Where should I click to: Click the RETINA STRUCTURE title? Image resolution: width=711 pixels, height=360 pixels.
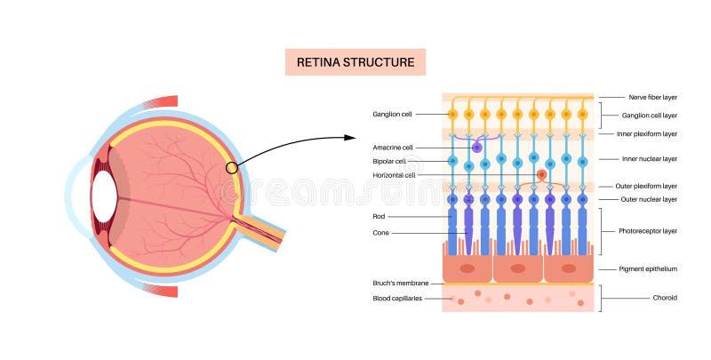[355, 62]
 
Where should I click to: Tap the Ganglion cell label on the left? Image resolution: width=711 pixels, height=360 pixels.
[393, 114]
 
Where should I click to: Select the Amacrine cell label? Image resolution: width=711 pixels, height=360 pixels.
[394, 147]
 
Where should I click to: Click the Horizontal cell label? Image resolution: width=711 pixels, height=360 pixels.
[394, 175]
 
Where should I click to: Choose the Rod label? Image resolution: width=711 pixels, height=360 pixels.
[379, 216]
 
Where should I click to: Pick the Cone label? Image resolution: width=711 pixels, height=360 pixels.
[381, 233]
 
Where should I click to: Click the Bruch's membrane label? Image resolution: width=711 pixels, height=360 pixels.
[401, 284]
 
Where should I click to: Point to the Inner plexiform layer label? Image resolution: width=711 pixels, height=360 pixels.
[647, 133]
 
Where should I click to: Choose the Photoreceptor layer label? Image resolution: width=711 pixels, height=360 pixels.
[647, 230]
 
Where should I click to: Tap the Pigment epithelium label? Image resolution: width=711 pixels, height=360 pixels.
[647, 268]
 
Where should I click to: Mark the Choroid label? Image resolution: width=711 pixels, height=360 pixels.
[665, 298]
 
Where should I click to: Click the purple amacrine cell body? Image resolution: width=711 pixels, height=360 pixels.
[477, 147]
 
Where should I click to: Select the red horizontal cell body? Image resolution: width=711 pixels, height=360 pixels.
[541, 175]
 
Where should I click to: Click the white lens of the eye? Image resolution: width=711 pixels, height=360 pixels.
[104, 196]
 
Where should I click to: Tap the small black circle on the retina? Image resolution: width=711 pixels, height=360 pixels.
[231, 167]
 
